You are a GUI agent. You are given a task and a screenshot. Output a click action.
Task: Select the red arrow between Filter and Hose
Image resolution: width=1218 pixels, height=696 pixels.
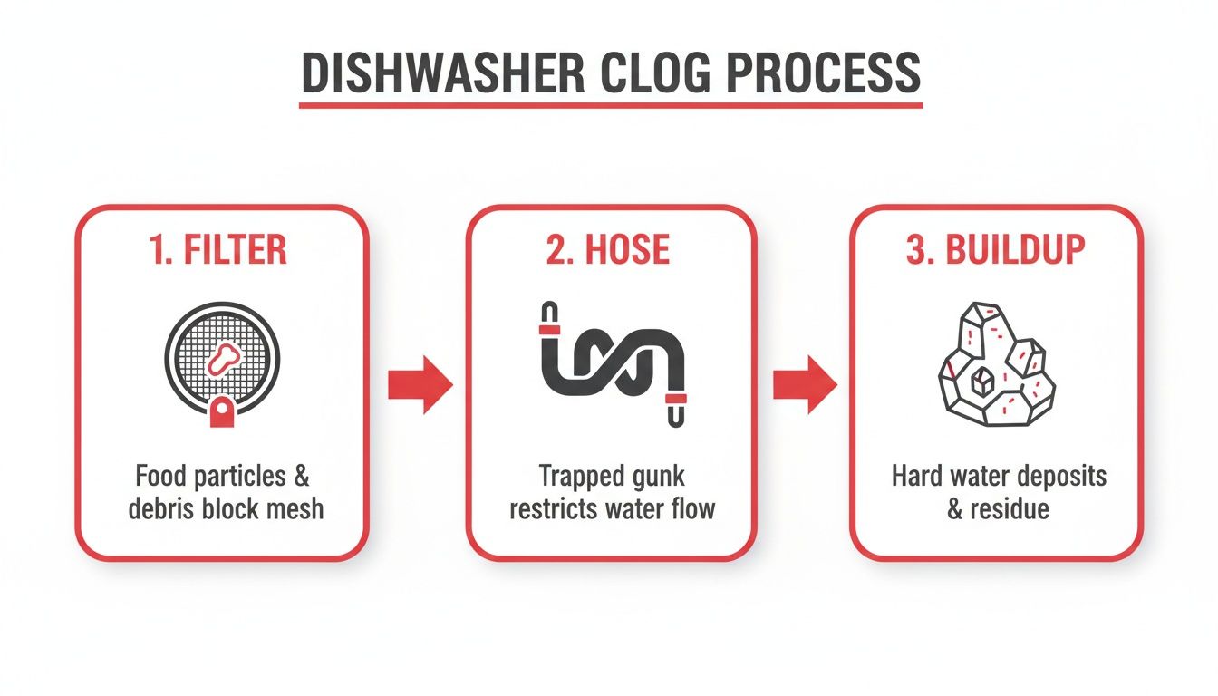pos(419,385)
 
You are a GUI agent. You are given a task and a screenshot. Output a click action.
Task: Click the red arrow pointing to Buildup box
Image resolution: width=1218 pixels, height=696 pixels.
pos(804,385)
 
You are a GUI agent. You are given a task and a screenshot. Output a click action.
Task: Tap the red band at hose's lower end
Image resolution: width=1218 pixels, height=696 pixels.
pos(676,398)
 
